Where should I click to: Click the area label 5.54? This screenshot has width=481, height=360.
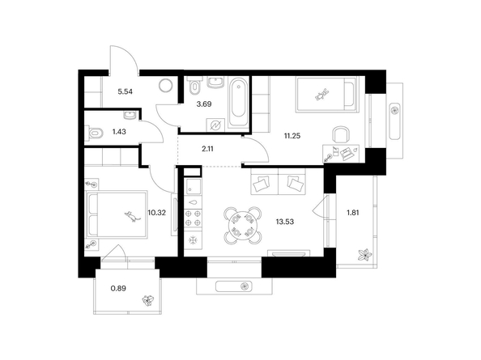(x=126, y=91)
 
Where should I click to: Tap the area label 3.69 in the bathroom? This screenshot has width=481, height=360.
(x=204, y=104)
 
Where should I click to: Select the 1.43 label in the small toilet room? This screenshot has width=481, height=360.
(x=119, y=132)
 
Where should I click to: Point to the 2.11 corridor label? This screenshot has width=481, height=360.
(x=207, y=149)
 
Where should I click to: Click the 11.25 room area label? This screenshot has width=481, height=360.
(x=292, y=136)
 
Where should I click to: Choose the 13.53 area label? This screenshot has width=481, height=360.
(x=285, y=222)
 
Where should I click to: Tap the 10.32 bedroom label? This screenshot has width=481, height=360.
(x=157, y=212)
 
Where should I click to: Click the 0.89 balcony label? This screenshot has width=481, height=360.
(x=118, y=288)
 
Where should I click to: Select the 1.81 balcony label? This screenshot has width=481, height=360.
(x=353, y=212)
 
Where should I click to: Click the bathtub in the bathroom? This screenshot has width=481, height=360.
(x=239, y=102)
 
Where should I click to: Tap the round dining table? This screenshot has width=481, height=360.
(x=243, y=225)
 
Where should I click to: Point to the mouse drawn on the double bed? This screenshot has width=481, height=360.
(x=132, y=216)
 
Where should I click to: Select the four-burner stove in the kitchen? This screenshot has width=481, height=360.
(x=193, y=218)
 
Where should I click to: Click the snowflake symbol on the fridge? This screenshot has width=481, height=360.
(x=193, y=240)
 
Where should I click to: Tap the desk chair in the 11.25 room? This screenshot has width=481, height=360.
(x=341, y=134)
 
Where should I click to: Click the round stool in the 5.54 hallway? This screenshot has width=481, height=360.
(x=166, y=85)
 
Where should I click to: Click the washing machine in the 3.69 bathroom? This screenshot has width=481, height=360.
(x=215, y=125)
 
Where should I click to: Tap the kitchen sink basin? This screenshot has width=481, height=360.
(x=193, y=187)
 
